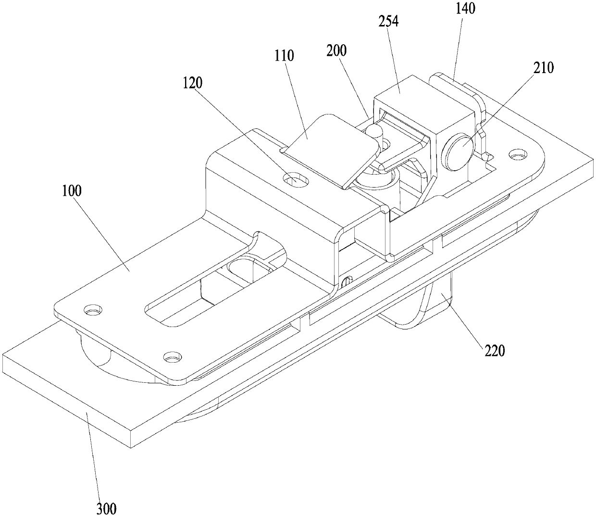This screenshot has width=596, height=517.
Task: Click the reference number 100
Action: pos(72,191)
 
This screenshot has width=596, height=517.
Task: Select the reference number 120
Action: pos(193,83)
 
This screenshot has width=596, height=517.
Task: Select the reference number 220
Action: pos(495,352)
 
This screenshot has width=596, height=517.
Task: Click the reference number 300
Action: pos(106,507)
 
